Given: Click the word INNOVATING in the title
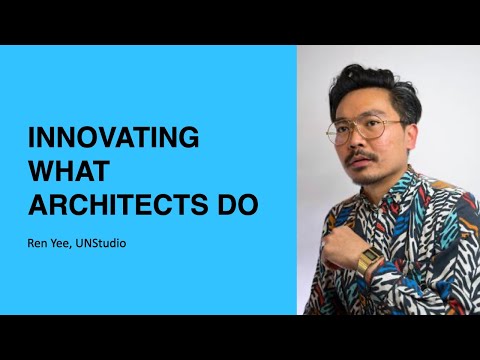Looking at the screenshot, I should point(112,137).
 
